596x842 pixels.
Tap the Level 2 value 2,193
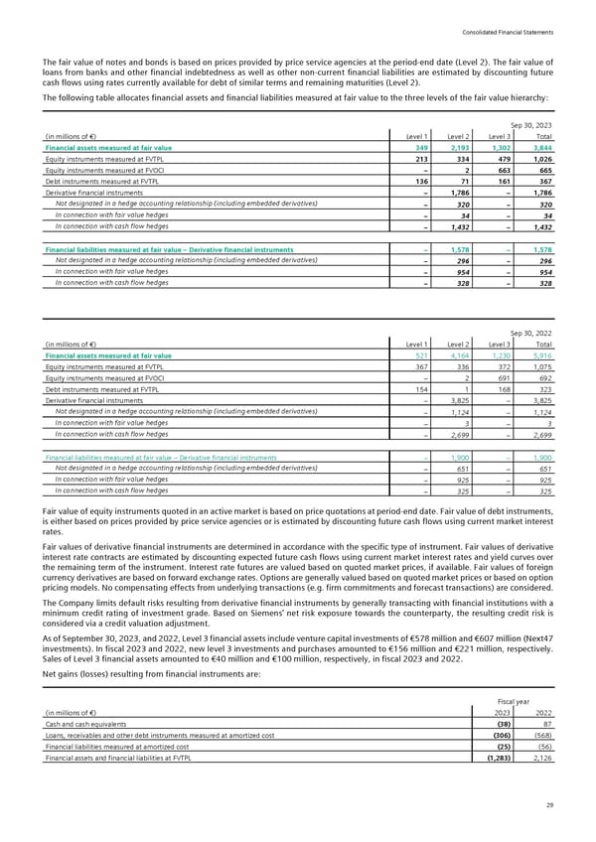pos(460,147)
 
